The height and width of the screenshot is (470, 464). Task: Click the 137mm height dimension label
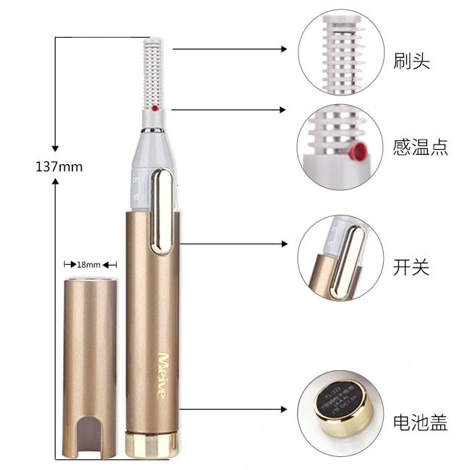click(59, 166)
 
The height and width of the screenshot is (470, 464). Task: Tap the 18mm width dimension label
click(90, 265)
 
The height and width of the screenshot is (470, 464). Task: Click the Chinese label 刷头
click(412, 61)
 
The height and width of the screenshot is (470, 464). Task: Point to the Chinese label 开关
click(412, 267)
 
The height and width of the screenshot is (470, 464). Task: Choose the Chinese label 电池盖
click(421, 422)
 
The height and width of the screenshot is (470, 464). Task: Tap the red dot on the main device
click(155, 108)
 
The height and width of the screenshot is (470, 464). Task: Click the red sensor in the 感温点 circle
click(355, 151)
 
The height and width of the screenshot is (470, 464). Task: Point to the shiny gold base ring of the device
click(151, 445)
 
